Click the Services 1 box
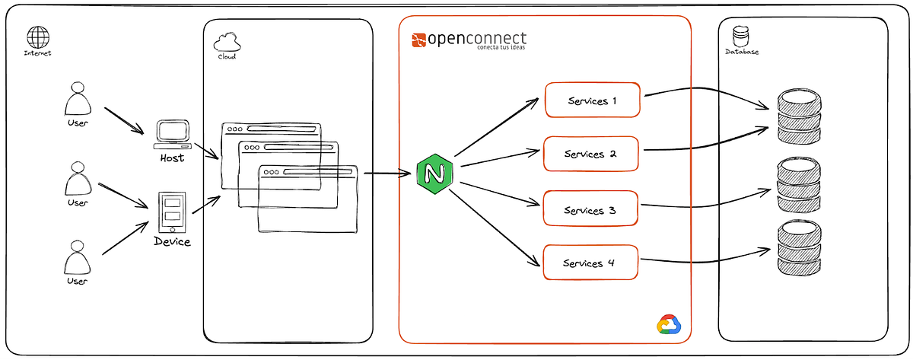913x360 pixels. pos(593,100)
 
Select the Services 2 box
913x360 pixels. pos(590,154)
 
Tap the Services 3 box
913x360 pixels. pos(590,209)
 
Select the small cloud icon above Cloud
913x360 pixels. pos(226,40)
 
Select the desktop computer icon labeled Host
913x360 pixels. pos(172,134)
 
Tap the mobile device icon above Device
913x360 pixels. pos(171,212)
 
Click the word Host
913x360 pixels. pos(172,158)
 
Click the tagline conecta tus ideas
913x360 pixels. pos(500,48)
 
